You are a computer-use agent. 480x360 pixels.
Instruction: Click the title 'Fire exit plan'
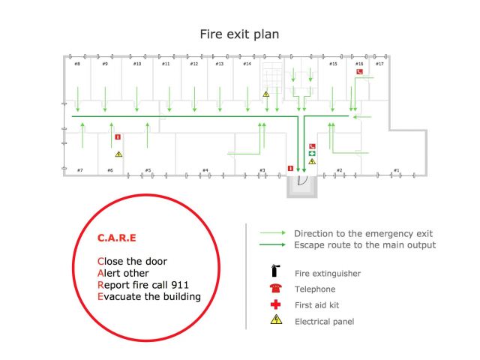click(239, 34)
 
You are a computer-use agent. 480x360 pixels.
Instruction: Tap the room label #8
click(77, 64)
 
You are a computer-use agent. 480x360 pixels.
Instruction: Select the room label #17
click(379, 64)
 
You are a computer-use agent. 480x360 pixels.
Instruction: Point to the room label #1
click(396, 170)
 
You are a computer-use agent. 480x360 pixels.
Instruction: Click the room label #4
click(205, 170)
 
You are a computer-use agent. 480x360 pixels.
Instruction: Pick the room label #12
click(193, 64)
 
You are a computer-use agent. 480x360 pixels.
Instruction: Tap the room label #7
click(79, 170)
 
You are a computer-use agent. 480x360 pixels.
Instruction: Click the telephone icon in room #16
click(360, 72)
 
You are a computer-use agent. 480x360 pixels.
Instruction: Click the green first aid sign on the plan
click(312, 153)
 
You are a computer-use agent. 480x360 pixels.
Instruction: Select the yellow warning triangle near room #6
click(118, 154)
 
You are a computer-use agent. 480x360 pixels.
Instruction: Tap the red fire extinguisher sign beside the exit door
click(289, 169)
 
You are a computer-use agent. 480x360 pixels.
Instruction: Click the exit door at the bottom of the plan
click(302, 180)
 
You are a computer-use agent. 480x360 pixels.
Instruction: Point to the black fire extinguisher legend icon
click(275, 273)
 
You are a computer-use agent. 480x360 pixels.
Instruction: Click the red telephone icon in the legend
click(275, 289)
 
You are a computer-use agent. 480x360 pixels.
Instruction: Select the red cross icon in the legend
click(275, 305)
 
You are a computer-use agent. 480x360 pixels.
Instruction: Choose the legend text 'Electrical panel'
click(325, 322)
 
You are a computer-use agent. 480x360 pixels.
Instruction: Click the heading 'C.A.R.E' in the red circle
click(117, 238)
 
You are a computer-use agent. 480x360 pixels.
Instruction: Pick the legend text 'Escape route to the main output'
click(364, 245)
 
